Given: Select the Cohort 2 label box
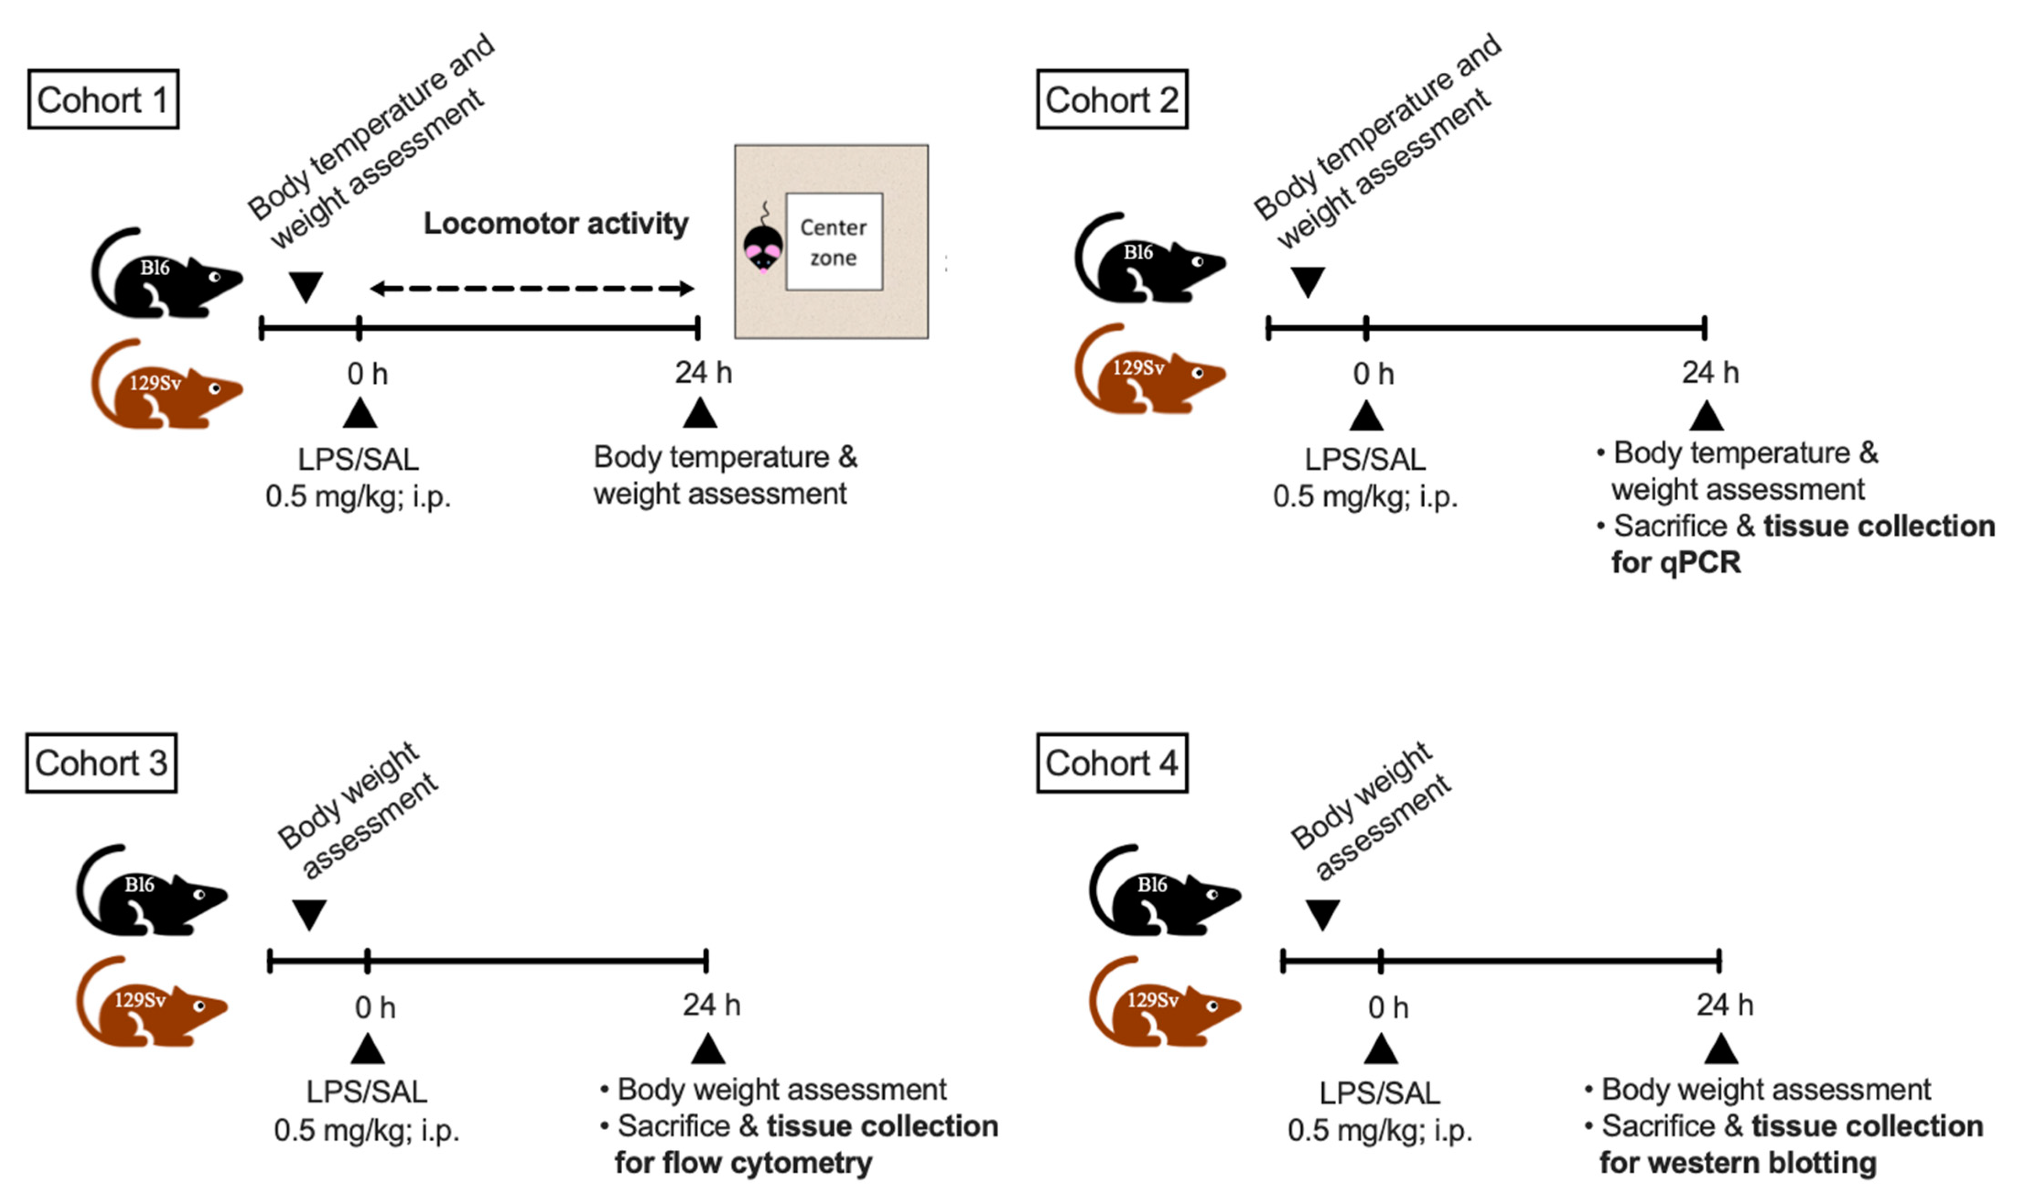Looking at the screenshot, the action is tap(1112, 100).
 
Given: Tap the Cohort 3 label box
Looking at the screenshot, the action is tap(101, 763).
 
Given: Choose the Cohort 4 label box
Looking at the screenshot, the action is tap(1112, 763).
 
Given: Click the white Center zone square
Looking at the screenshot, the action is tap(834, 241).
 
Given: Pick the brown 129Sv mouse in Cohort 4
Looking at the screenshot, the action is tap(1164, 1002).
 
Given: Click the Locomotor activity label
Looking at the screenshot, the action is tap(556, 224).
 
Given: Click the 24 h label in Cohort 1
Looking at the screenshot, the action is tap(703, 373).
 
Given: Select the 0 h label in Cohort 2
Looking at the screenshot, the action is tap(1374, 374).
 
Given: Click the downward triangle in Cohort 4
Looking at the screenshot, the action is tap(1322, 915).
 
